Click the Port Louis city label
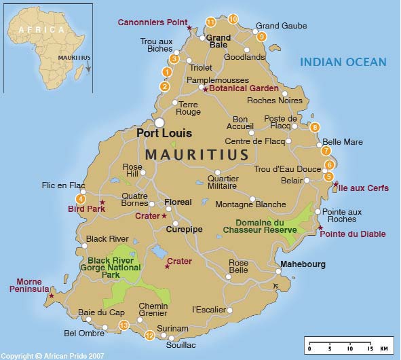click(x=164, y=134)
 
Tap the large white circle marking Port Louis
click(x=159, y=122)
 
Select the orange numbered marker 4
click(x=81, y=199)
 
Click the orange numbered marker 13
click(x=123, y=326)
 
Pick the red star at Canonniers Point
click(x=190, y=27)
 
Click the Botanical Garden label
click(x=244, y=88)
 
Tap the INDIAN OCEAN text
click(x=343, y=62)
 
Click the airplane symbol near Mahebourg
click(x=274, y=284)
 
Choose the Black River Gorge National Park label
click(x=114, y=267)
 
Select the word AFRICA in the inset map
click(x=41, y=30)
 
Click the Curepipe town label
click(x=184, y=230)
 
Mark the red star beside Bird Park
click(x=102, y=202)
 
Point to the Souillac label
click(x=180, y=344)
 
